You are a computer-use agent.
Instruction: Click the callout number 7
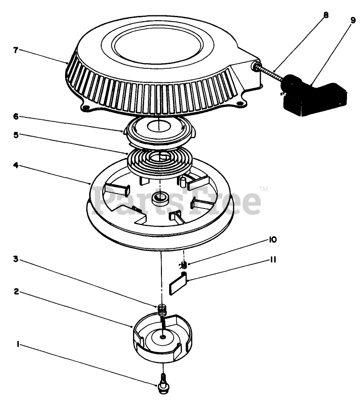coord(16,50)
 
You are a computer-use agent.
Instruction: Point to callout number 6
coord(16,117)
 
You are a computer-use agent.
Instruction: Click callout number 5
coord(16,135)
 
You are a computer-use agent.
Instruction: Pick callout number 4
coord(16,165)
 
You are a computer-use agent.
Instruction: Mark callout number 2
coord(16,292)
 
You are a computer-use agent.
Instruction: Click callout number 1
coord(17,344)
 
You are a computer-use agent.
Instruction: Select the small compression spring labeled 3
coord(162,308)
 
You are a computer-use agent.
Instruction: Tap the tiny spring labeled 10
coord(183,264)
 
